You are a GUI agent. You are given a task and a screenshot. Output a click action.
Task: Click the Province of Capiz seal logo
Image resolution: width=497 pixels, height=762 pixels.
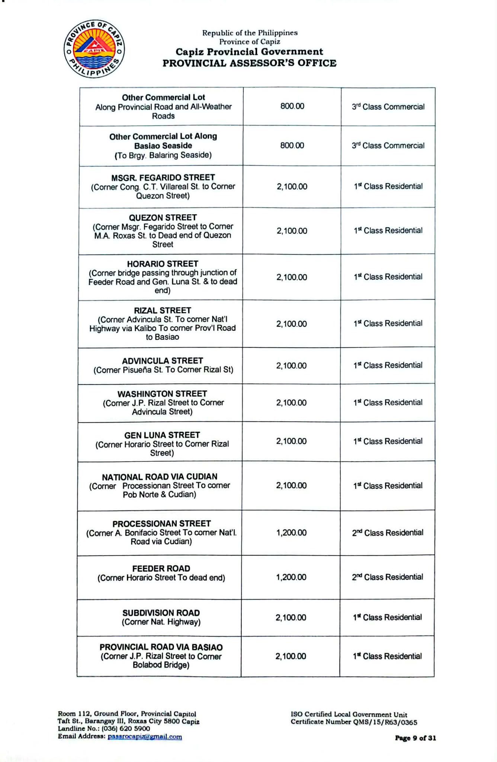coord(94,49)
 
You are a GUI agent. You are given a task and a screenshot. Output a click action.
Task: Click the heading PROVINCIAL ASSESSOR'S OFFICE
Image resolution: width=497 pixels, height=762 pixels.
coord(249,63)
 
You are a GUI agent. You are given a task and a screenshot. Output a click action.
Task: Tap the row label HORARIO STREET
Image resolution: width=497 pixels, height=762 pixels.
coord(163,264)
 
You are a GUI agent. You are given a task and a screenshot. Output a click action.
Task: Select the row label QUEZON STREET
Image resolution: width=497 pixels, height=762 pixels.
coord(163,218)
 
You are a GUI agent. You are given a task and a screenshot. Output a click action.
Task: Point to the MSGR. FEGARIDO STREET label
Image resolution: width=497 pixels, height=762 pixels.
coord(163,177)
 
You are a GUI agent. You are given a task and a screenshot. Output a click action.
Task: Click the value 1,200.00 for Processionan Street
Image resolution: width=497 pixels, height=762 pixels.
coord(291,533)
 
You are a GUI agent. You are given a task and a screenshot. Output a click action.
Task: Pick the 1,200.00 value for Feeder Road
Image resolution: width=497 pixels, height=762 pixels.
coord(291,577)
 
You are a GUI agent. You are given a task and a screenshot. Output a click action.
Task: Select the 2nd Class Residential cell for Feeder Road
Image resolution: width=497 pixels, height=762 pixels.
coord(387,577)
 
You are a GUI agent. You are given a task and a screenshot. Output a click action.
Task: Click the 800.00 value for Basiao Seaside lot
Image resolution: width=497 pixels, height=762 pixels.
coord(292,145)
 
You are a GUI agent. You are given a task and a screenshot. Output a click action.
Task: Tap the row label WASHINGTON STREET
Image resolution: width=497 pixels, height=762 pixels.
coord(162,394)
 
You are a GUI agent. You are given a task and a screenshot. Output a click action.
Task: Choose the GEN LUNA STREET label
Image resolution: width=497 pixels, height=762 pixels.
coord(162,435)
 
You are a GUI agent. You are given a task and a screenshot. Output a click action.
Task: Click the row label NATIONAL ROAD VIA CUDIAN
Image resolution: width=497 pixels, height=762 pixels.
coord(160,477)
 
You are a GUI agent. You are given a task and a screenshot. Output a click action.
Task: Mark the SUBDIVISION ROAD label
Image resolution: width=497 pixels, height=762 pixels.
coord(161,613)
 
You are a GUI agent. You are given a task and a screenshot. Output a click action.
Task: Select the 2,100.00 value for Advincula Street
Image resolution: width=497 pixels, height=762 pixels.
coord(291,366)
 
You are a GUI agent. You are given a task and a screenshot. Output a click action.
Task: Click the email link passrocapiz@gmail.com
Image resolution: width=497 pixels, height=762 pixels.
coord(145,737)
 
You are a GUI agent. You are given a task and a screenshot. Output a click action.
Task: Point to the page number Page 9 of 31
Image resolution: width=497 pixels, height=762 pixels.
coord(415,738)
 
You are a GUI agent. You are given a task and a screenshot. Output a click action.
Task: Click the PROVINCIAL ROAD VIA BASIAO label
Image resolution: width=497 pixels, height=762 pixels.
coord(161,647)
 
